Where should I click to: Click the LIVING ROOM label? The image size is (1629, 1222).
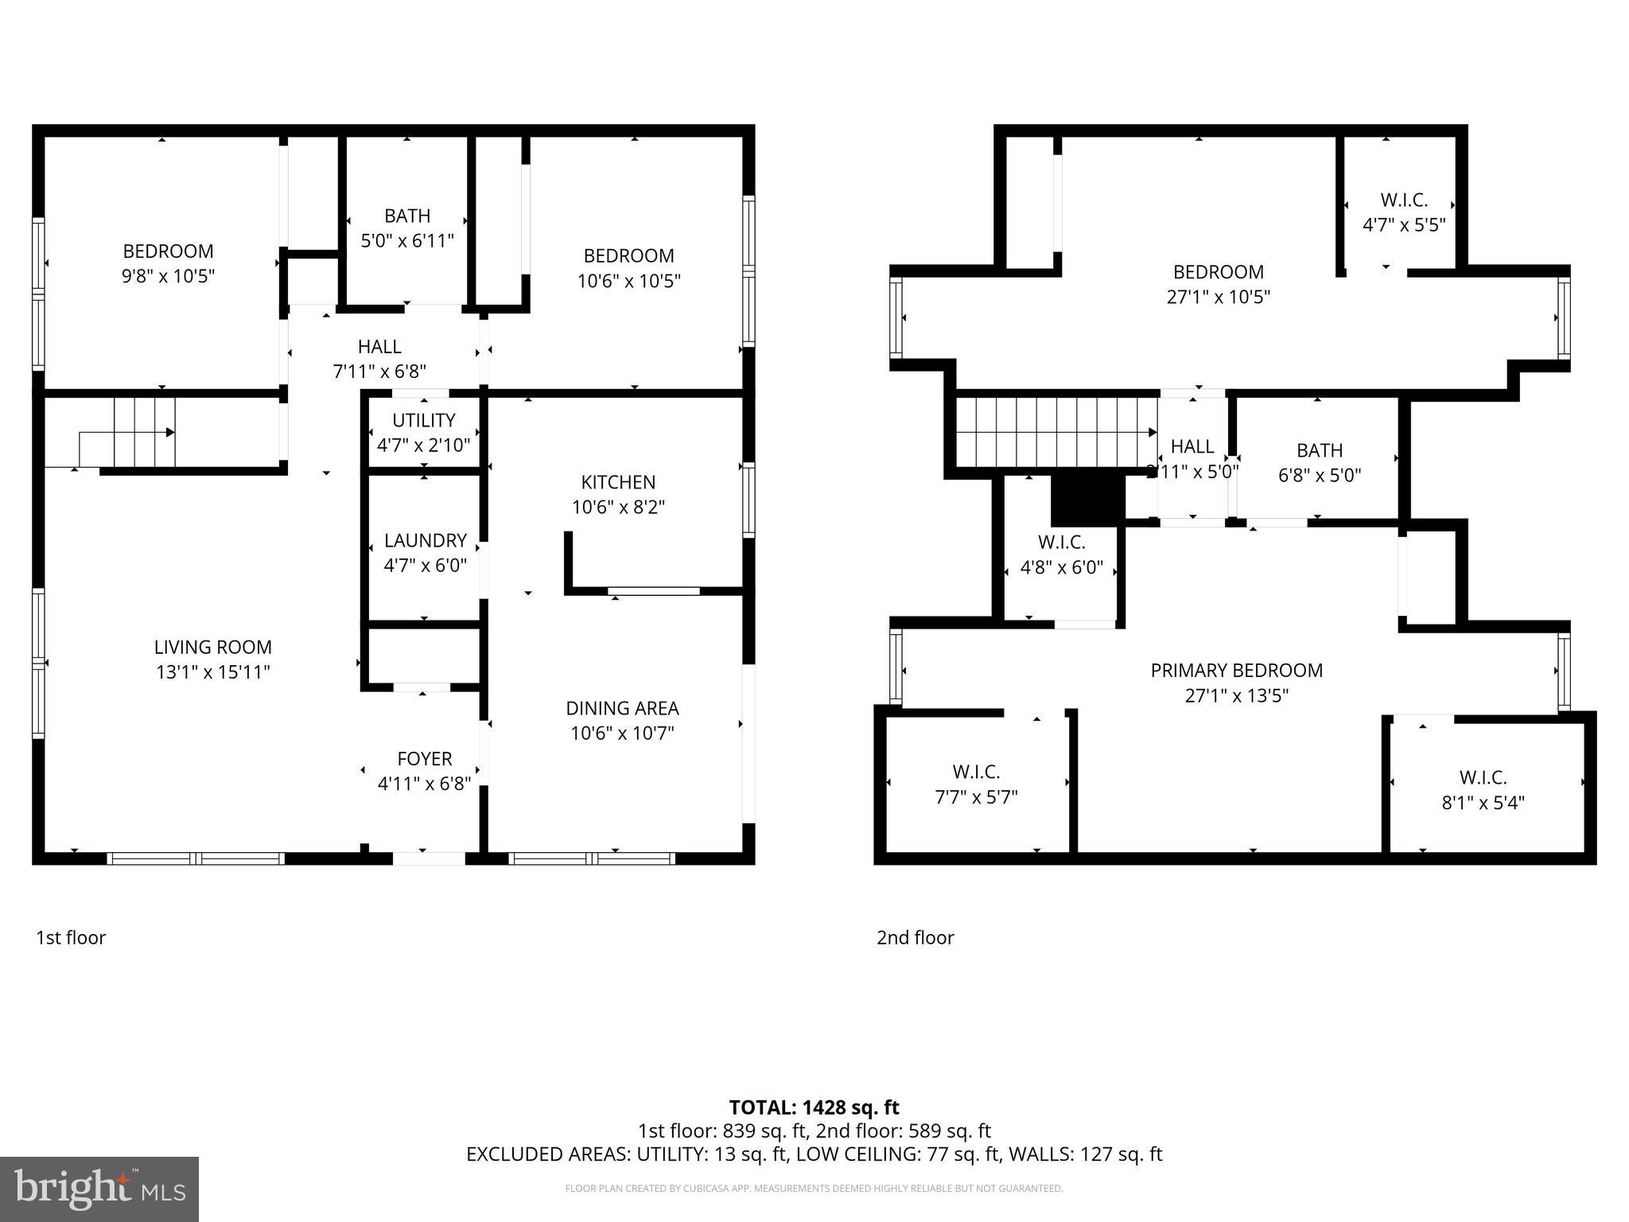pos(212,648)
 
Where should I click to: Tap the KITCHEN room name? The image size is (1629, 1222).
pos(618,482)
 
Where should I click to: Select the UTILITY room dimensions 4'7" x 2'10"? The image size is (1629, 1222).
pos(423,446)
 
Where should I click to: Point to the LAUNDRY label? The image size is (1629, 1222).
pos(425,541)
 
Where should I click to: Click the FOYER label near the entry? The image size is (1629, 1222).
pos(424,759)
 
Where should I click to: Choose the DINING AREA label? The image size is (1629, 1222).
pos(622,708)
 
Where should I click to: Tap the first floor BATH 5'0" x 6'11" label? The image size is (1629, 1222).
pos(407,228)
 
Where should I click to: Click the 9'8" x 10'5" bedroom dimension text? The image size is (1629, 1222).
pos(169,276)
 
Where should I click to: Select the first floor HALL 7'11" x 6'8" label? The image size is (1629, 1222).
pos(379,359)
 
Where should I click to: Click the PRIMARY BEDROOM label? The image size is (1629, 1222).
pos(1236,671)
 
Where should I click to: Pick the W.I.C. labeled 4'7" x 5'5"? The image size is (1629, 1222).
pos(1404,212)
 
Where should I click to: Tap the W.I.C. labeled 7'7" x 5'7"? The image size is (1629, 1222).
pos(976,784)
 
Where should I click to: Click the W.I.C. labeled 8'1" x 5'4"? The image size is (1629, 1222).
pos(1483,789)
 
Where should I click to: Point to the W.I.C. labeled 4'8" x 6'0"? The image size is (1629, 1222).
pos(1061,555)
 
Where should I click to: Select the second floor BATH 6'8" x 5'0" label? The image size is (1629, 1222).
pos(1320,462)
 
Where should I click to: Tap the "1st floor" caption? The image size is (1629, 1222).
pos(71,938)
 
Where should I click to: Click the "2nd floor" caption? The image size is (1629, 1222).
pos(915,938)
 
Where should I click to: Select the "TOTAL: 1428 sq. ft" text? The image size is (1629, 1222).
pos(814,1107)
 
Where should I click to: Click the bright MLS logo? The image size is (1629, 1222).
pos(99,1189)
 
